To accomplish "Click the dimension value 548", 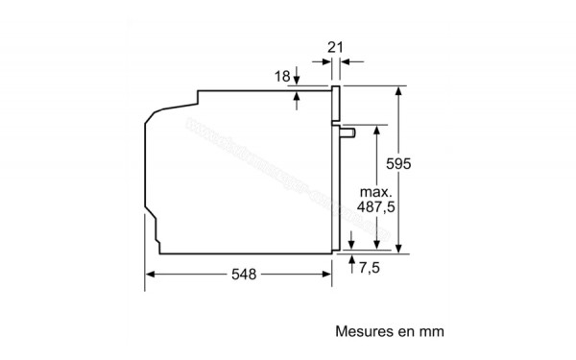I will tap(244, 275).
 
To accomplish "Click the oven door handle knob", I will tap(351, 130).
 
